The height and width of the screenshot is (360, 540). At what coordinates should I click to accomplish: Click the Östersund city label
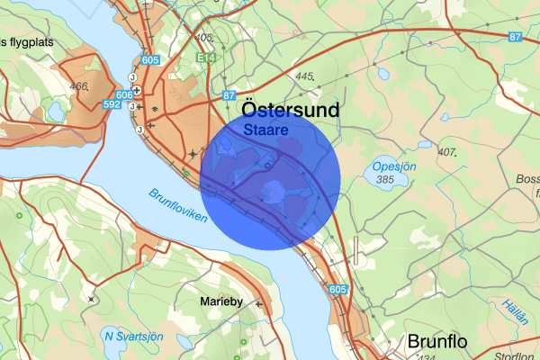[279, 110]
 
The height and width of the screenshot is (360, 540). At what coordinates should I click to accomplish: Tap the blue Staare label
[265, 130]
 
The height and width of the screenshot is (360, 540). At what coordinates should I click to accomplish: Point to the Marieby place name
[221, 301]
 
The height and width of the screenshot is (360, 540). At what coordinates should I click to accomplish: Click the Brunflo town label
[439, 341]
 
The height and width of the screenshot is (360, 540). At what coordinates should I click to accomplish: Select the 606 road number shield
[124, 94]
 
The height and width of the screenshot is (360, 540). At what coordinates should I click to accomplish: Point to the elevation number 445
[302, 76]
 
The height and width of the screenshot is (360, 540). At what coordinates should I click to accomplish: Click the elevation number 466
[78, 86]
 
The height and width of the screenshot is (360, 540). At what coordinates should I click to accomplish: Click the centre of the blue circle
[270, 180]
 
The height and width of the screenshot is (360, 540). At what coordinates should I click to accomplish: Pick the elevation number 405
[203, 38]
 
